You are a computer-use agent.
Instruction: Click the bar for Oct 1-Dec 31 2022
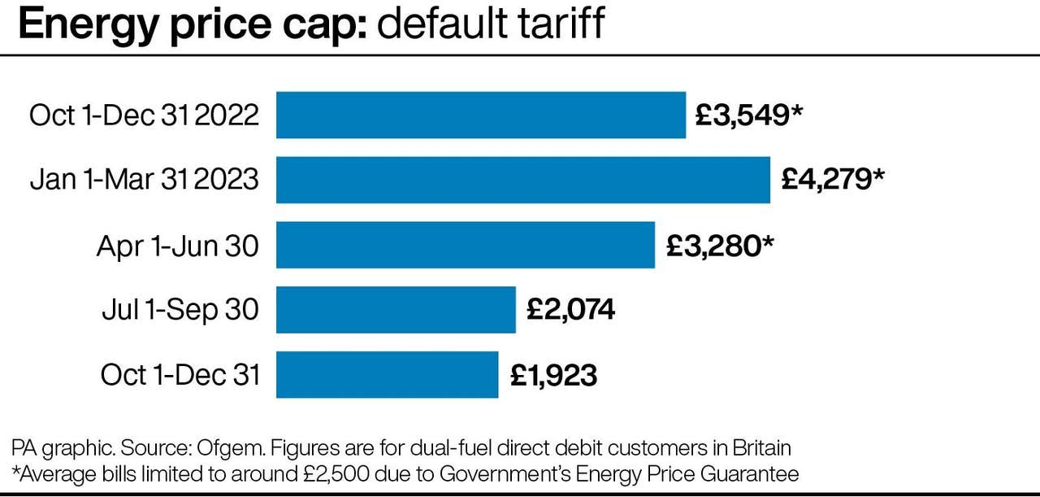[480, 115]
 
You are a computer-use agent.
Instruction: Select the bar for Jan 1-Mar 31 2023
[522, 180]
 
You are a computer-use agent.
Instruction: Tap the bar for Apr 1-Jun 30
[465, 245]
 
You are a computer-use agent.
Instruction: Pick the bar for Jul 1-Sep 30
[396, 310]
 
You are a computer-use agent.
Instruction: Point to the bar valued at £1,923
[387, 375]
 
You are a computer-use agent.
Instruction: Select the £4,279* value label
[832, 180]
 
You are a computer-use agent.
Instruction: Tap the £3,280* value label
[719, 245]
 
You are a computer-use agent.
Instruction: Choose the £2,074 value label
[570, 310]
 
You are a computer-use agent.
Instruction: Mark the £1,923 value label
[553, 375]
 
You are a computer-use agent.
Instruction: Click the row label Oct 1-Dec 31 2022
[144, 116]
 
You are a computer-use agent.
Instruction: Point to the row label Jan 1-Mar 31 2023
[144, 180]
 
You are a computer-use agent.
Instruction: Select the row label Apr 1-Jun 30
[177, 245]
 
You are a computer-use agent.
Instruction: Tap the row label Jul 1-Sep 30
[180, 310]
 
